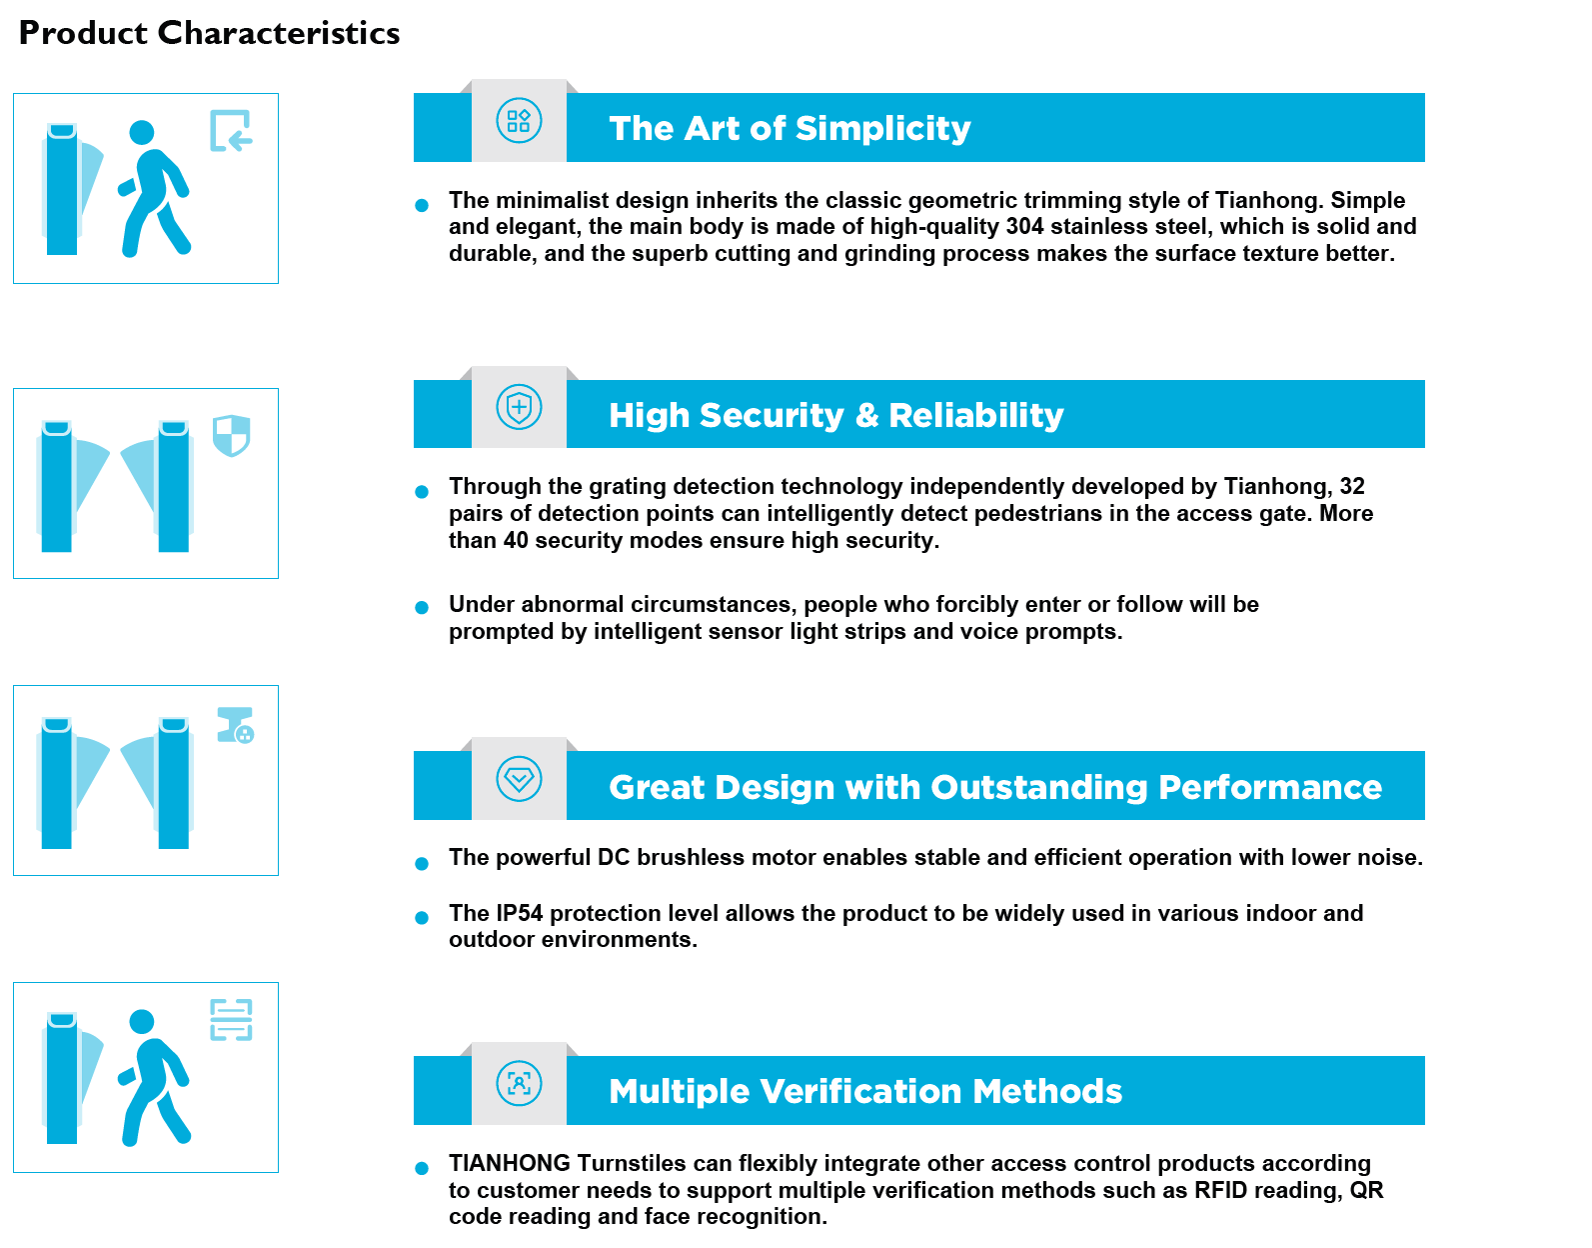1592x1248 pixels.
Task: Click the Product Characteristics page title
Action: click(209, 33)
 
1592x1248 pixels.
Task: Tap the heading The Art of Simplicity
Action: click(790, 128)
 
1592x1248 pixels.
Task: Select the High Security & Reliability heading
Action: click(835, 415)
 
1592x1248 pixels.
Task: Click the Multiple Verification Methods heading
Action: click(864, 1091)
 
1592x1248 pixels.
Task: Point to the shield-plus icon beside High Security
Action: click(520, 407)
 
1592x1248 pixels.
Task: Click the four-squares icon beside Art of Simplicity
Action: click(520, 121)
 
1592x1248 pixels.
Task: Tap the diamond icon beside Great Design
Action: click(520, 778)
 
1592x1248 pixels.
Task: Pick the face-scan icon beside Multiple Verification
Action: click(520, 1083)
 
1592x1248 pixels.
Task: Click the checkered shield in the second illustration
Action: click(232, 435)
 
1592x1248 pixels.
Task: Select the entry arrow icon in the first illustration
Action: click(231, 131)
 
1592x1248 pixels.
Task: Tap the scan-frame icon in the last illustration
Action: click(231, 1020)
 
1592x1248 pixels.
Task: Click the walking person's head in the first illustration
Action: click(142, 132)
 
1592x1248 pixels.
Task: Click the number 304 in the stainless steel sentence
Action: click(1024, 227)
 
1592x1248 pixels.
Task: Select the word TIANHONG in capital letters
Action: click(510, 1163)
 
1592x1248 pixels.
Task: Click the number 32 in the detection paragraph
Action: click(1352, 486)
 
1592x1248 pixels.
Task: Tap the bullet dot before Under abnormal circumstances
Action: click(422, 607)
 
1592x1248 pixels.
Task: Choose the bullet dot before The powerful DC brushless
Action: click(422, 863)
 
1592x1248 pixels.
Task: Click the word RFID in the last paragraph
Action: click(1218, 1190)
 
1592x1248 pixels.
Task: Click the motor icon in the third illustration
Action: click(236, 725)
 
